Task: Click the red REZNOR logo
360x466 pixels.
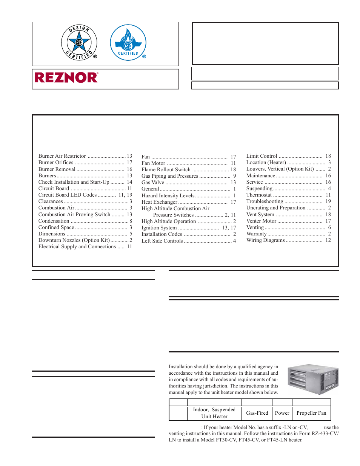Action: (66, 78)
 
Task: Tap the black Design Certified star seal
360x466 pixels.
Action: (79, 43)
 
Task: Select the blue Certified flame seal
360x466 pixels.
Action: (128, 42)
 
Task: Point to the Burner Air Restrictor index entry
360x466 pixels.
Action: (62, 156)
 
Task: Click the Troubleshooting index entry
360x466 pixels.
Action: (265, 201)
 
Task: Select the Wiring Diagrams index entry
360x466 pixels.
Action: (265, 240)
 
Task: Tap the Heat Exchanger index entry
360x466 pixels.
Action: (159, 202)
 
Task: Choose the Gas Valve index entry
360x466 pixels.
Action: (153, 183)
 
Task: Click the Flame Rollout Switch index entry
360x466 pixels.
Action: (166, 170)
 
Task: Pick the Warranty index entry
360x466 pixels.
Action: (257, 234)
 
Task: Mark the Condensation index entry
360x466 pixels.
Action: (54, 221)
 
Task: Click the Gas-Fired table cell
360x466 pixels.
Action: (257, 413)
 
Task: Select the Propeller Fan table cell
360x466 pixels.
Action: (311, 413)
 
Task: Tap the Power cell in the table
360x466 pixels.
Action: (282, 413)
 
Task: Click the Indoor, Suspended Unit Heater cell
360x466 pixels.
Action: (214, 413)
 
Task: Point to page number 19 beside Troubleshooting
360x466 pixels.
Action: (328, 201)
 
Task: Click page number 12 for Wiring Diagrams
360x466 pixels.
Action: (328, 240)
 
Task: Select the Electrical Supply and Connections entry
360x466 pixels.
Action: (77, 247)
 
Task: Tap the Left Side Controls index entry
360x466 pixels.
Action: (162, 241)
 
